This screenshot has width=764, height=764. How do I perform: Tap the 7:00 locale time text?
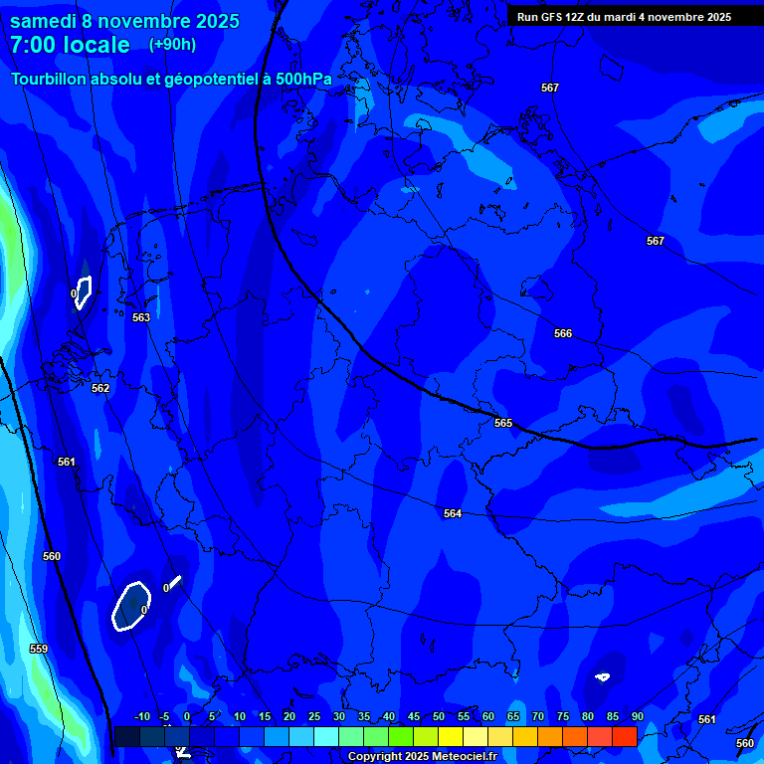(70, 45)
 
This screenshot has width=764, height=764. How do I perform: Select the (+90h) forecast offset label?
(172, 45)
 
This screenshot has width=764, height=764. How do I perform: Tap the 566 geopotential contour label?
(563, 334)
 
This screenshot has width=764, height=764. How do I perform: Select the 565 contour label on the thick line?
(503, 424)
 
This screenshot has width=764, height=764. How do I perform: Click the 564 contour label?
(453, 514)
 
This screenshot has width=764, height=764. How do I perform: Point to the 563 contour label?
(141, 318)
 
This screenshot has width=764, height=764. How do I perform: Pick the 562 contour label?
(100, 389)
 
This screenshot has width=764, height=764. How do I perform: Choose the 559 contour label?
(39, 650)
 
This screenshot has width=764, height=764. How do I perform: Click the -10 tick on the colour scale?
(141, 717)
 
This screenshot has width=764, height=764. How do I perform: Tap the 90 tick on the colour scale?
(637, 717)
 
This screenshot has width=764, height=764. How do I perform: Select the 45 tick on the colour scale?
(413, 717)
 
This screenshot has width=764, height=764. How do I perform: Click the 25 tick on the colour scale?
(313, 717)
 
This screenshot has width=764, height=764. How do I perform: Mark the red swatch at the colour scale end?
(624, 736)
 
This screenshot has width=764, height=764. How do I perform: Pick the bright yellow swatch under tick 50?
(450, 736)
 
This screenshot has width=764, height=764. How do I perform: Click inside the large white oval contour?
(129, 605)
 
